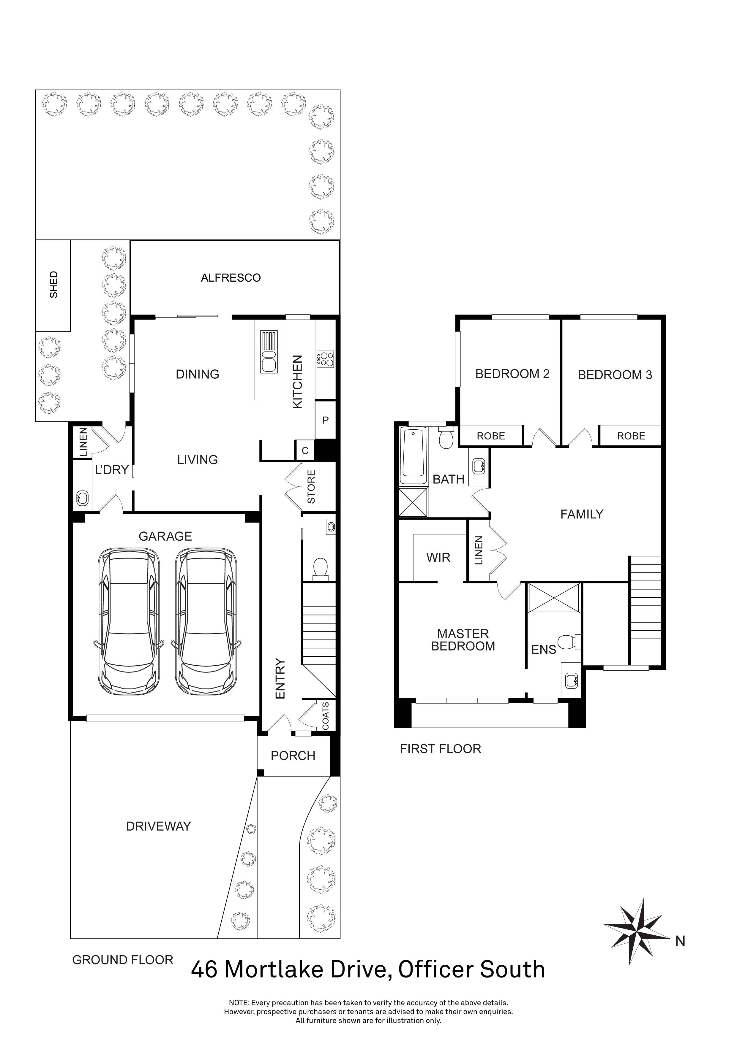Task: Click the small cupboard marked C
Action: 305,451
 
